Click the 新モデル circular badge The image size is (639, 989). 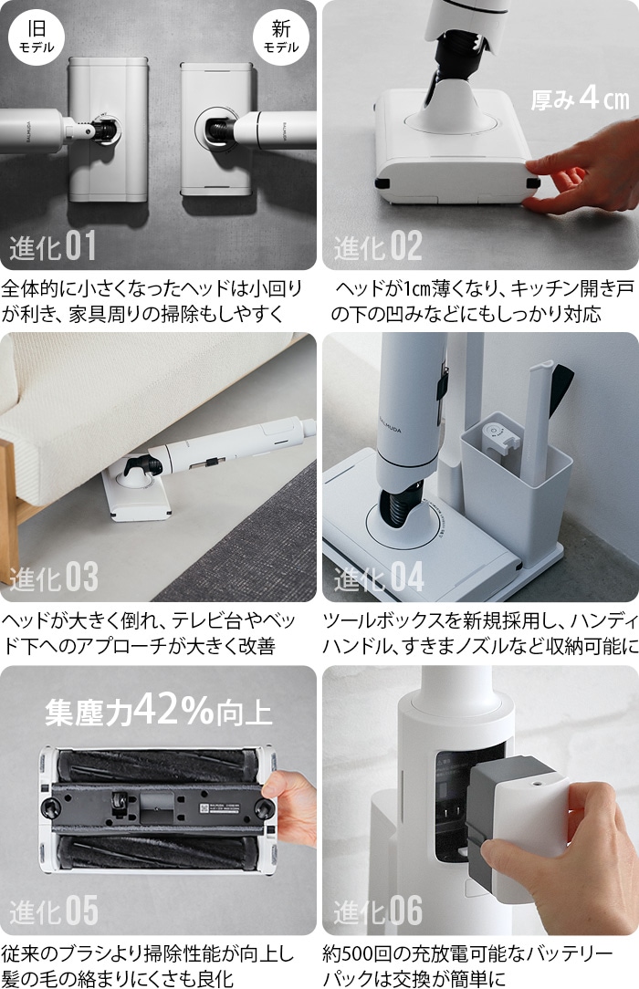[x=280, y=36]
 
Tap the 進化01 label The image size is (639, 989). [x=52, y=246]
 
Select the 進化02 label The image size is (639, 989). [x=378, y=246]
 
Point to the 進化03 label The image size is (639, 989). [x=52, y=578]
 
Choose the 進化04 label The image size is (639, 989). [x=378, y=578]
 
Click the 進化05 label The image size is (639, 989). [x=52, y=910]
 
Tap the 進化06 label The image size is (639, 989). [x=378, y=910]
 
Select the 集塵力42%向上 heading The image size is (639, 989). [x=158, y=712]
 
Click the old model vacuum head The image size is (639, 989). [x=108, y=130]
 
